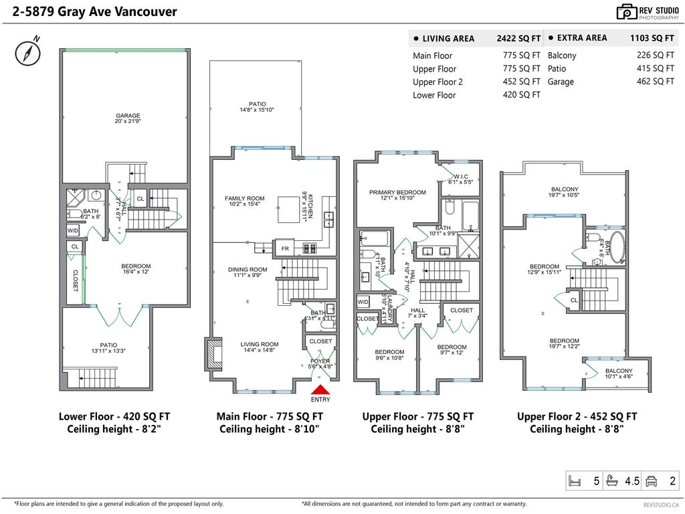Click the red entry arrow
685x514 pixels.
[320, 390]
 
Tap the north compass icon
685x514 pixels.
[26, 52]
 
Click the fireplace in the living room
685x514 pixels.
[213, 353]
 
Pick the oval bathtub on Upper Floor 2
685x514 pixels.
[616, 248]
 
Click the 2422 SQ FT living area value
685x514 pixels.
[518, 39]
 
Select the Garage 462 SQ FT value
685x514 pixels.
[655, 81]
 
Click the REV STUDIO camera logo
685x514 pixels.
[627, 11]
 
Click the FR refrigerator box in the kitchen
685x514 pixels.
[285, 248]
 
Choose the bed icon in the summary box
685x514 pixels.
[575, 481]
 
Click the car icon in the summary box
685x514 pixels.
[651, 481]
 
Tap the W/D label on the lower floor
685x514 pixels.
[73, 230]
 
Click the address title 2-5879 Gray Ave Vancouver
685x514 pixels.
[90, 11]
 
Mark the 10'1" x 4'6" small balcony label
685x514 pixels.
[619, 376]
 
